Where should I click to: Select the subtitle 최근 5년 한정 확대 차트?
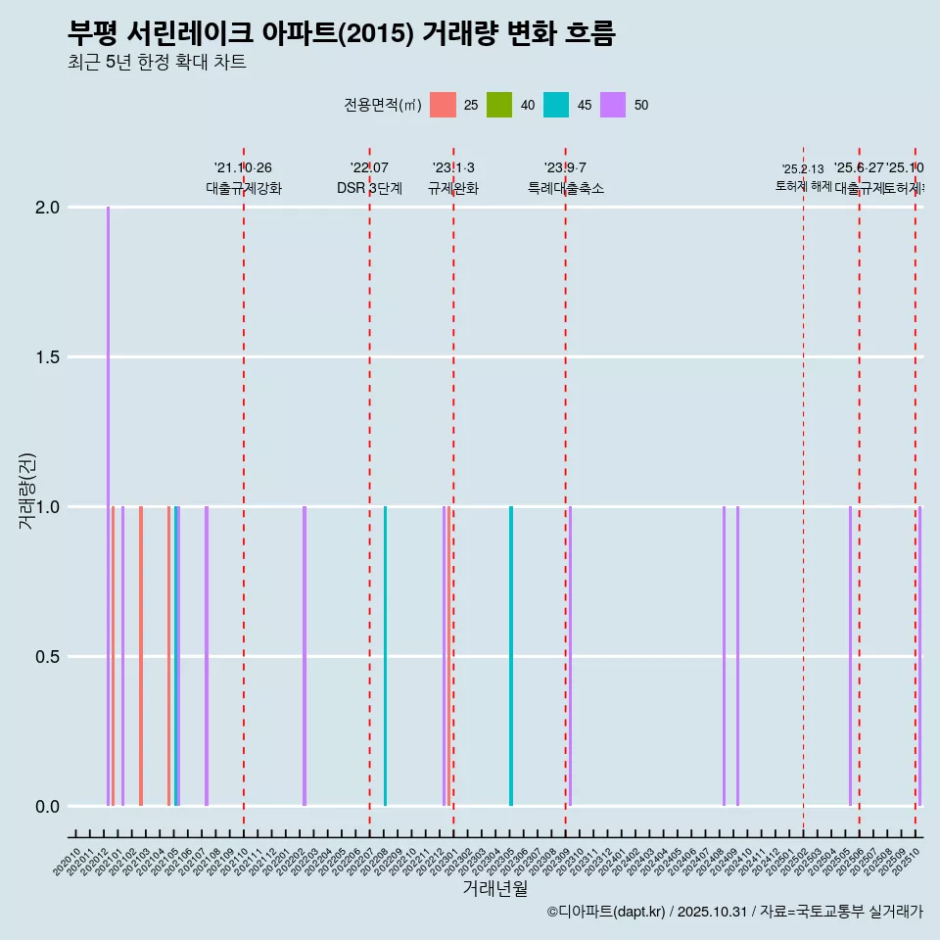(157, 63)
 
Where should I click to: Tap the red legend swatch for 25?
(444, 105)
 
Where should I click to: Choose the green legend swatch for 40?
(499, 105)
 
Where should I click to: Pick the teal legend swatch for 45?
(556, 105)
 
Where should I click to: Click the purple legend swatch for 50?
(613, 105)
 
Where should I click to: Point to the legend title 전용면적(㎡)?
(383, 105)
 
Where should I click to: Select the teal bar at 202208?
(385, 656)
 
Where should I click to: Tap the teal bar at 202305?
(511, 656)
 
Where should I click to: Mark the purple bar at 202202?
(305, 656)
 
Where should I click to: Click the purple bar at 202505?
(850, 656)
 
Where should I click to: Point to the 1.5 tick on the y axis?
(47, 357)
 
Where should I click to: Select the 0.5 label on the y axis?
(47, 657)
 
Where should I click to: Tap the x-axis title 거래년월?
(494, 889)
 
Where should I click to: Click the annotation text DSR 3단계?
(369, 189)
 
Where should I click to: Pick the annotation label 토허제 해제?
(803, 186)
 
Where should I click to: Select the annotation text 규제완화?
(453, 189)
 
